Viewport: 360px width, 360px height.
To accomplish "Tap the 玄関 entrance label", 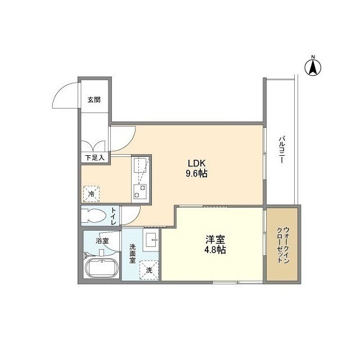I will [x=94, y=100].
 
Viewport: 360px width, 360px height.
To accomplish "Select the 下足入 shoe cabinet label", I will [x=95, y=157].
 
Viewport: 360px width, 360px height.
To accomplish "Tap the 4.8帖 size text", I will [x=214, y=250].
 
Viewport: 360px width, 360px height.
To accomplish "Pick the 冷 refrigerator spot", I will [x=91, y=194].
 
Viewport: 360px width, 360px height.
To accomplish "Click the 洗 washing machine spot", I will [x=149, y=270].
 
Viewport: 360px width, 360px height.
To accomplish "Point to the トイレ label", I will [x=114, y=217].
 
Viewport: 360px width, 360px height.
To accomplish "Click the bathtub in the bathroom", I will [x=101, y=269].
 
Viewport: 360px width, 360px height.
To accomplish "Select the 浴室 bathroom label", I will [x=102, y=241].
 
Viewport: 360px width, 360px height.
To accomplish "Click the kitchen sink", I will [x=139, y=165].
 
